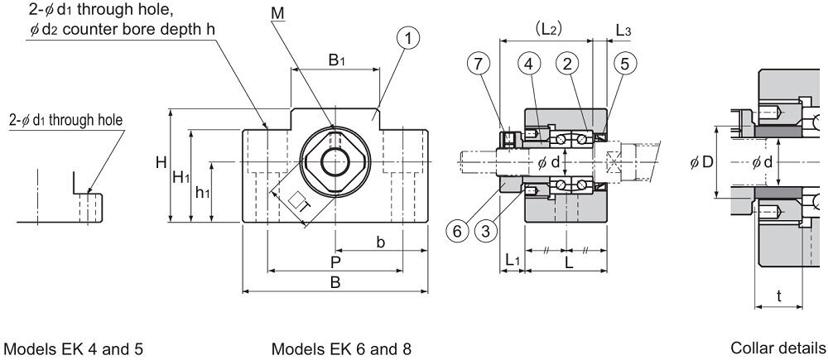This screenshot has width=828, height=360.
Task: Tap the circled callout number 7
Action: click(479, 64)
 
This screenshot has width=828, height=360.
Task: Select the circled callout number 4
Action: click(529, 64)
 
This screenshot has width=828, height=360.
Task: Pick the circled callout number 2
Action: click(568, 64)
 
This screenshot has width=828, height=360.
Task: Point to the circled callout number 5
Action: click(625, 64)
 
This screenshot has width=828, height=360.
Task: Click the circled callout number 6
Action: click(457, 231)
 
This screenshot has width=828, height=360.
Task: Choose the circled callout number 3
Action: click(486, 231)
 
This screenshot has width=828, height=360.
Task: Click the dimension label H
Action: click(161, 163)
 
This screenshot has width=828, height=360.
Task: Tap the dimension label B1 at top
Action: click(336, 60)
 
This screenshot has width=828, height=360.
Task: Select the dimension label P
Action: click(335, 262)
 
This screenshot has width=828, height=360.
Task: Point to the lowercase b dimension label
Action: click(380, 242)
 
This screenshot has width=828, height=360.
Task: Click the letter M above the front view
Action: click(277, 14)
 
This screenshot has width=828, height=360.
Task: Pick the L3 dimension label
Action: click(623, 31)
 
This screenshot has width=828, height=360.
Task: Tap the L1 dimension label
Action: click(513, 260)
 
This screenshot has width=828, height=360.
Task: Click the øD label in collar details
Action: click(701, 162)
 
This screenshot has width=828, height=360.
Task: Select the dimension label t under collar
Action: click(779, 296)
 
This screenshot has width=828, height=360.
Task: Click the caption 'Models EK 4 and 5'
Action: click(74, 349)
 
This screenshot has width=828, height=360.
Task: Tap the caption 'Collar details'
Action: click(777, 348)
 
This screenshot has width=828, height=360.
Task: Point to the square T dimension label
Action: click(300, 202)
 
